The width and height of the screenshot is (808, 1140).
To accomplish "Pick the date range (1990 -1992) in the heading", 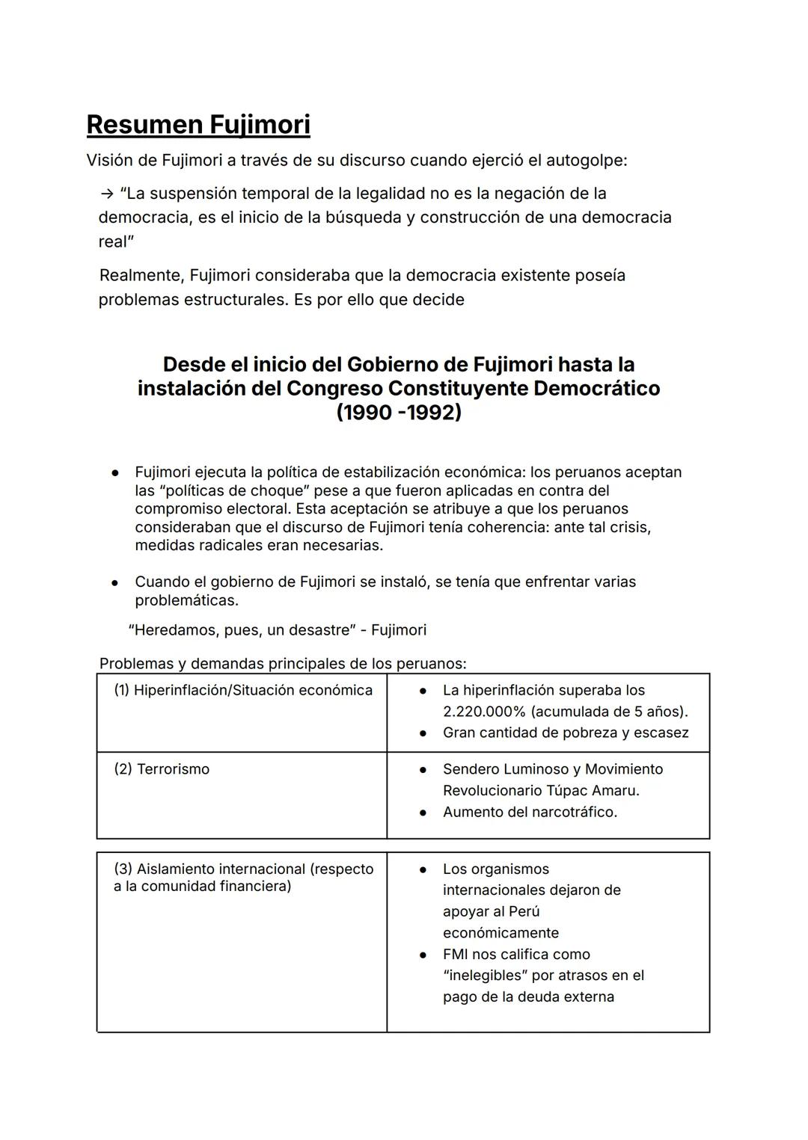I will (x=398, y=413).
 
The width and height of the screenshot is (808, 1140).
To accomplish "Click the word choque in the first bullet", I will (x=278, y=490).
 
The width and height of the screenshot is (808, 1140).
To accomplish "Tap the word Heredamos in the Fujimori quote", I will (x=174, y=630).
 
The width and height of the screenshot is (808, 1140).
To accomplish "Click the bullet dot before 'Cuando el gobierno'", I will (x=115, y=582).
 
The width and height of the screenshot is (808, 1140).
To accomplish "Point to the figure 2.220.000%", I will (x=484, y=712).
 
